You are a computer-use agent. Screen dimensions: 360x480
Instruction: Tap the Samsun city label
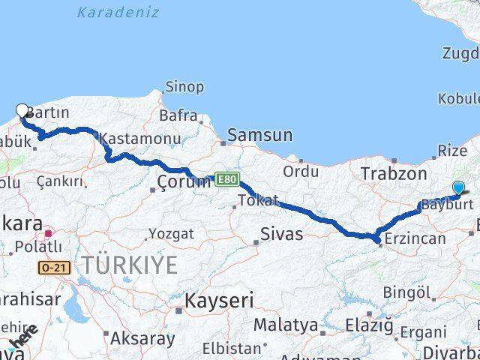click(x=259, y=136)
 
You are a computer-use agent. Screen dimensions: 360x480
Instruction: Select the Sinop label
click(x=184, y=87)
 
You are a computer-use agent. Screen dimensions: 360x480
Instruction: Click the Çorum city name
click(x=184, y=182)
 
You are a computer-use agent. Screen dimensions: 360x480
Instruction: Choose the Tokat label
click(x=258, y=200)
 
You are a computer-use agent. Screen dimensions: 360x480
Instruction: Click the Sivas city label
click(x=282, y=234)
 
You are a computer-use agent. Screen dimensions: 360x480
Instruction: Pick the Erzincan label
click(x=415, y=239)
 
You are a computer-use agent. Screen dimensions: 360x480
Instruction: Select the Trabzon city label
click(x=388, y=173)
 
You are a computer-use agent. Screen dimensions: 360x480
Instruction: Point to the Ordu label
click(x=301, y=171)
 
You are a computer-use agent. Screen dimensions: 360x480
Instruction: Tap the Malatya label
click(x=286, y=325)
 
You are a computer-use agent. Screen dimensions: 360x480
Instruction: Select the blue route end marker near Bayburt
click(x=458, y=188)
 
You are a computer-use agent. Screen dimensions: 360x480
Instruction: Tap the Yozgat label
click(x=170, y=234)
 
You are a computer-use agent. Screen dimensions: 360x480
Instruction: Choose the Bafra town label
click(x=178, y=116)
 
